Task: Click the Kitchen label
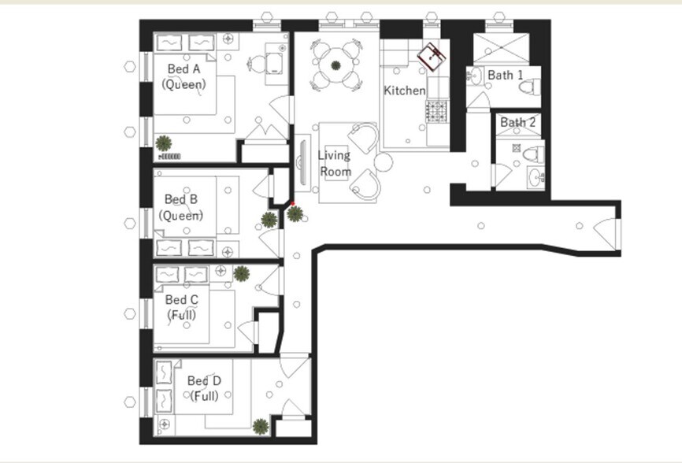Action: point(404,91)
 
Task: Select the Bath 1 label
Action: point(505,75)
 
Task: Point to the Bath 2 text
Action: point(517,122)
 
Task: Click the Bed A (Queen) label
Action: point(184,76)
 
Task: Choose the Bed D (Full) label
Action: point(204,388)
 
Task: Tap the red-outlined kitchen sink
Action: point(432,55)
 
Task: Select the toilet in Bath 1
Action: point(532,82)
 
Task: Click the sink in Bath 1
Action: point(475,76)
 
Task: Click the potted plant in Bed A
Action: point(164,143)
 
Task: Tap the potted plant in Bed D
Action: point(260,428)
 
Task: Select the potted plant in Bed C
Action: point(242,274)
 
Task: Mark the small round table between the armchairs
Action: point(383,163)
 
